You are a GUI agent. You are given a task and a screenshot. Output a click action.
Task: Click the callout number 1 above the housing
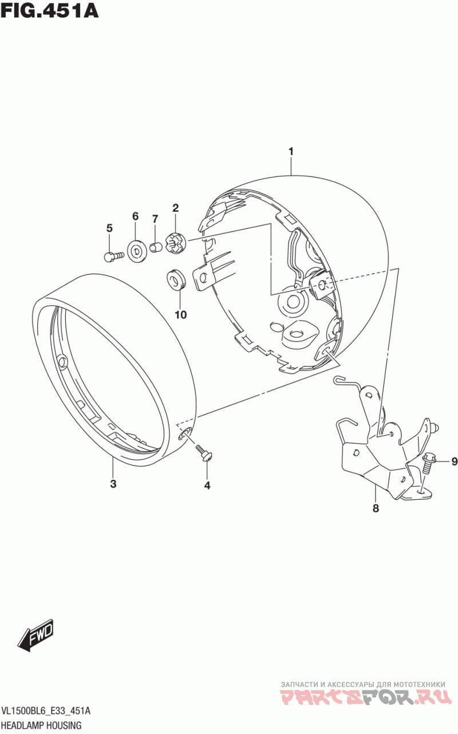(x=291, y=152)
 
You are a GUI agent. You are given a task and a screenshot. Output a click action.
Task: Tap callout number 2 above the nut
(x=176, y=208)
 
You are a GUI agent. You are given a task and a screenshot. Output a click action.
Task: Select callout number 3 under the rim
(x=113, y=484)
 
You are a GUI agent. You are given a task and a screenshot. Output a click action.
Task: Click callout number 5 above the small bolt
(x=109, y=228)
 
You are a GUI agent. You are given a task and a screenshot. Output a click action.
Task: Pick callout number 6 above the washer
(x=135, y=216)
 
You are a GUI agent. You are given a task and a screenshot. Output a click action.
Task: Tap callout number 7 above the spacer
(x=155, y=219)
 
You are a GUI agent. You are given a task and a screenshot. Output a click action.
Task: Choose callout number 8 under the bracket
(x=376, y=508)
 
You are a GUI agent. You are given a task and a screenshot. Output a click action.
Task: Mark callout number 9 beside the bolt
(x=454, y=461)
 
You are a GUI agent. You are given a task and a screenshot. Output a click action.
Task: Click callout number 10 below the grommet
(x=180, y=314)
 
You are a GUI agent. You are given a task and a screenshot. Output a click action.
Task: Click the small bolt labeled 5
(x=113, y=256)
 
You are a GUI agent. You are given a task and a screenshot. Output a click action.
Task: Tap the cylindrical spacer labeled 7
(x=156, y=247)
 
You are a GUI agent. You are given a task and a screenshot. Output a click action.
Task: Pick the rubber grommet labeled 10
(x=175, y=279)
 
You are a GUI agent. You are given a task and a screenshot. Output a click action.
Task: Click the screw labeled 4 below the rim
(x=204, y=453)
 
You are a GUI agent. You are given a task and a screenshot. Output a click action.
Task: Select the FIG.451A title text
(x=49, y=10)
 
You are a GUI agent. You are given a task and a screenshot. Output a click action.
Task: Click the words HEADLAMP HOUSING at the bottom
(x=42, y=725)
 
